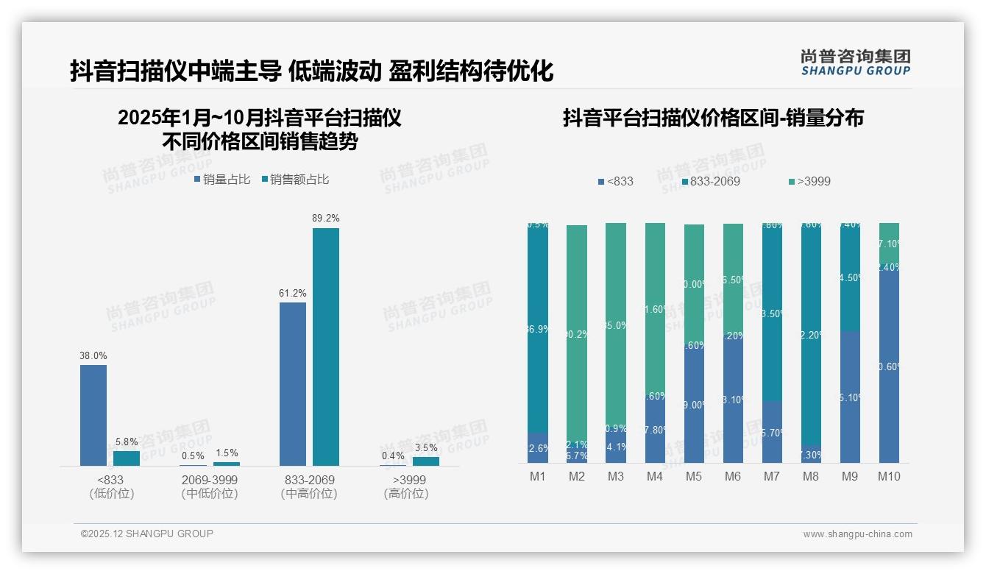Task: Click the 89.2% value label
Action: tap(326, 219)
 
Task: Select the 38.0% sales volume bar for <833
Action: tap(93, 415)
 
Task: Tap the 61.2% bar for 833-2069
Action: tap(293, 383)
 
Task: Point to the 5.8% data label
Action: tap(127, 442)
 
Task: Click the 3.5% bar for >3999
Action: tap(426, 461)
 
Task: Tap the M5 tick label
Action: tap(694, 477)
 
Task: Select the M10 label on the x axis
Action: tap(889, 477)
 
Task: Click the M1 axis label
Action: tap(538, 477)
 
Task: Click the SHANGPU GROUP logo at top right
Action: tap(856, 63)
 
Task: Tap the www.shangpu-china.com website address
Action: tap(857, 534)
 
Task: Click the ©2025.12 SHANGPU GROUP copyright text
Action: tap(147, 534)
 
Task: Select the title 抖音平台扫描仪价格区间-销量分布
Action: tap(713, 118)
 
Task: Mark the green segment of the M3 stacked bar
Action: tap(616, 324)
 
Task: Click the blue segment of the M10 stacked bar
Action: tap(889, 368)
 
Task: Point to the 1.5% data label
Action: tap(227, 453)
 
